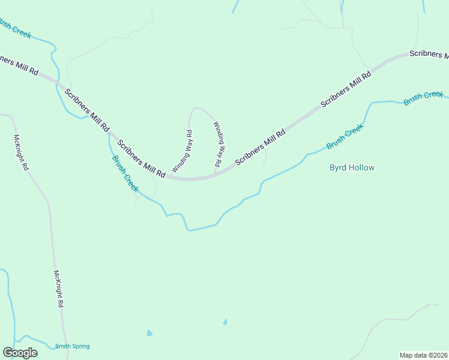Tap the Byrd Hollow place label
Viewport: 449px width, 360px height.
pyautogui.click(x=352, y=168)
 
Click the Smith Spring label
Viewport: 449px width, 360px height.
pyautogui.click(x=72, y=346)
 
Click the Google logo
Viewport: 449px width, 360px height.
pyautogui.click(x=20, y=353)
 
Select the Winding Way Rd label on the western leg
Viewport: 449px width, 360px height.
pyautogui.click(x=182, y=151)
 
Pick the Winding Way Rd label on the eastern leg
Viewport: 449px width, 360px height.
pyautogui.click(x=219, y=144)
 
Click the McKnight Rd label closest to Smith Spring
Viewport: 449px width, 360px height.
pyautogui.click(x=58, y=289)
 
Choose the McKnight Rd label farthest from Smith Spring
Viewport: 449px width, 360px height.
pyautogui.click(x=20, y=152)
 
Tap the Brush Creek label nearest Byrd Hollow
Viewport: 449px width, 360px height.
pyautogui.click(x=345, y=137)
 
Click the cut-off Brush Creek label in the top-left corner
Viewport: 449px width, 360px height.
pyautogui.click(x=15, y=29)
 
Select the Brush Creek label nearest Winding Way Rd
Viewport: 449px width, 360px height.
pyautogui.click(x=125, y=174)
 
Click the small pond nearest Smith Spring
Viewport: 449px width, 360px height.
pyautogui.click(x=149, y=332)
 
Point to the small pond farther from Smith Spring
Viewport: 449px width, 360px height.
pyautogui.click(x=225, y=322)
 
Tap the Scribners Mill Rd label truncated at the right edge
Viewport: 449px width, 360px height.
pyautogui.click(x=429, y=54)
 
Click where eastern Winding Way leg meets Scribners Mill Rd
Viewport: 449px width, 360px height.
pyautogui.click(x=215, y=175)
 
